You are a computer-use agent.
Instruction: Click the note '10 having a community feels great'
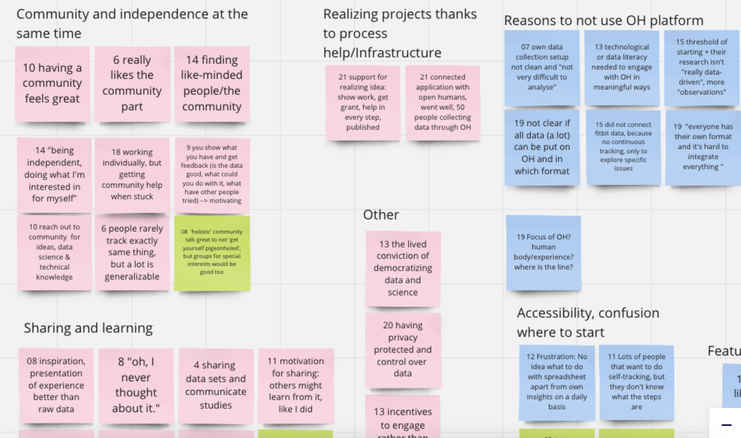pos(52,83)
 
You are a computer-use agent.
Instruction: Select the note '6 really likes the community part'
pos(132,83)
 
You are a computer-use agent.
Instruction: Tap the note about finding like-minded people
pos(212,83)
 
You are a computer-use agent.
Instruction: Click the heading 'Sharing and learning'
pos(88,328)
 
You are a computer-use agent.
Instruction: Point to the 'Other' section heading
pos(381,215)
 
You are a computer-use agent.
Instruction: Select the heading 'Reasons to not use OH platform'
pos(604,20)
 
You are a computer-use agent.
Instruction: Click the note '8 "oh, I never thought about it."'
pos(136,385)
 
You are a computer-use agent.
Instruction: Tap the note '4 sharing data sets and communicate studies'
pos(216,385)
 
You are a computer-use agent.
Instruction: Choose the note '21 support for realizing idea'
pos(363,102)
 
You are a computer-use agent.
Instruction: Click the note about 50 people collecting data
pos(443,102)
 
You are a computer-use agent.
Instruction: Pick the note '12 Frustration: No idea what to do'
pos(557,382)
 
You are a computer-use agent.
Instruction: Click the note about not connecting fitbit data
pos(623,147)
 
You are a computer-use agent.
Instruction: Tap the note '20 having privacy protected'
pos(403,349)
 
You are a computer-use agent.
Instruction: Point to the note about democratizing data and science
pos(403,268)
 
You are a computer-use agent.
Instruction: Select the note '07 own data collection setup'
pos(542,67)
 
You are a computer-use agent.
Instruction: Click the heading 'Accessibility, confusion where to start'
pos(588,322)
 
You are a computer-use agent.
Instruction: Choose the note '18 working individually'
pos(132,174)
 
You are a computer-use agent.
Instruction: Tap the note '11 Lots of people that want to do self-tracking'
pos(637,382)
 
